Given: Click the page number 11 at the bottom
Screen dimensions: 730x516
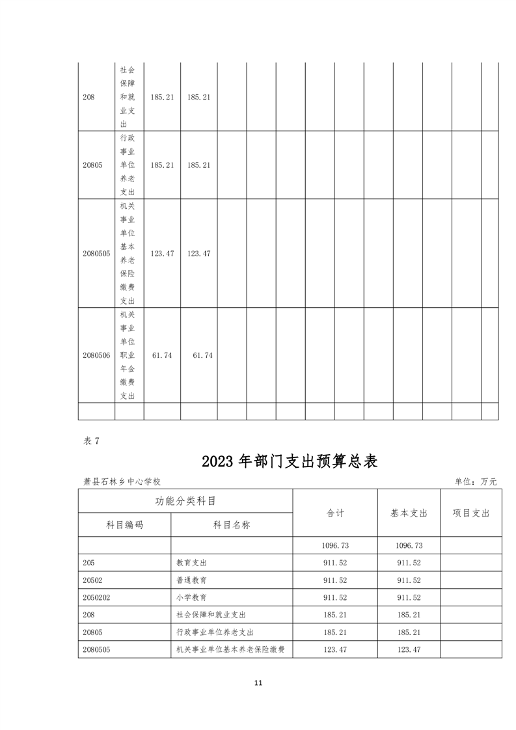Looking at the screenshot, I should (258, 683).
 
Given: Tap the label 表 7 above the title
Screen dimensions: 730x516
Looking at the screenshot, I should (91, 440).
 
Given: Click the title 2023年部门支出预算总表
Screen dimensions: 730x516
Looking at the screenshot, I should (290, 461).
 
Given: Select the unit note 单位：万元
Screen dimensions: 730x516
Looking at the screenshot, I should (476, 481).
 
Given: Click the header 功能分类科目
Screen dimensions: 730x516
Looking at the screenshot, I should (185, 501).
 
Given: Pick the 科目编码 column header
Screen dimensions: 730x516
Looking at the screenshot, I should (125, 525).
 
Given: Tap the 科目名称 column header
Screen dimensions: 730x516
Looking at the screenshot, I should (232, 525).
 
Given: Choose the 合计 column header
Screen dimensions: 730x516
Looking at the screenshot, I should (335, 513).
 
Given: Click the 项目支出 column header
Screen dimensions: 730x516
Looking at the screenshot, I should (471, 513).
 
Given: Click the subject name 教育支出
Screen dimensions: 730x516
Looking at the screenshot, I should (191, 563).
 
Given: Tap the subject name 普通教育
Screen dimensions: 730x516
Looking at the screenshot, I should (191, 580).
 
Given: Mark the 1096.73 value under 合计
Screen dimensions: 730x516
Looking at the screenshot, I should (335, 545).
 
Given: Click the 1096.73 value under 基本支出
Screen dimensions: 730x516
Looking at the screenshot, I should (409, 545).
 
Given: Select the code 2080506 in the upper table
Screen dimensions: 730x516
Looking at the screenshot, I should (96, 355).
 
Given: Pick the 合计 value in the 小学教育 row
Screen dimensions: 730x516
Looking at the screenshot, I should (335, 597).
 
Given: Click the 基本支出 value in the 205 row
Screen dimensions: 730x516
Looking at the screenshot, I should (409, 563).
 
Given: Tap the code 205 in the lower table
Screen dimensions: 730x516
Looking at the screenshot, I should (88, 563).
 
